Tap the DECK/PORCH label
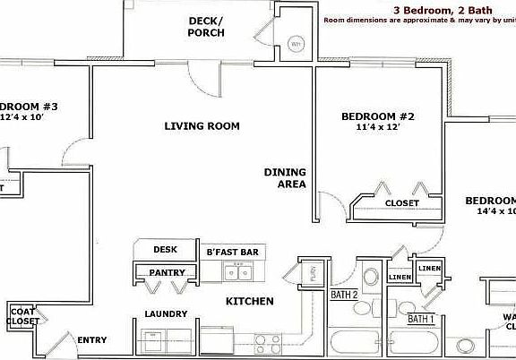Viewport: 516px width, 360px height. (205, 27)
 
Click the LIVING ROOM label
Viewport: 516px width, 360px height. (202, 126)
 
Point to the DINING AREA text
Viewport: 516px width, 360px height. (285, 178)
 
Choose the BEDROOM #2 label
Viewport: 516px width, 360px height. (375, 116)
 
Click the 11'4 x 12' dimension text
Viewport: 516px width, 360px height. (375, 128)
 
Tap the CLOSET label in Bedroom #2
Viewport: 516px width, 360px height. (401, 203)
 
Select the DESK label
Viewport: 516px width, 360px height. (165, 250)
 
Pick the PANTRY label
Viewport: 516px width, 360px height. (167, 272)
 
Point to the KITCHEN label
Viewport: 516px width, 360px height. (249, 302)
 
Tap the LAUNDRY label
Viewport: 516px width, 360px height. (166, 313)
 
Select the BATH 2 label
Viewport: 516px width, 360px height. (344, 295)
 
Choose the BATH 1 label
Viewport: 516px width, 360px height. (421, 318)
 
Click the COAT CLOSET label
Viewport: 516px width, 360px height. (22, 315)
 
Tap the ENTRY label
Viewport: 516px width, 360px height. (92, 339)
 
